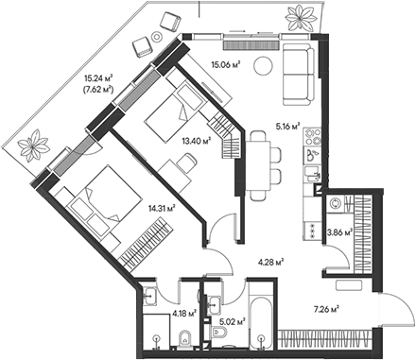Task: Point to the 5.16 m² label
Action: (286, 126)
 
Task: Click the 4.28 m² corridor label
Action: (270, 264)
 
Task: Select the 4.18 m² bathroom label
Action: (183, 312)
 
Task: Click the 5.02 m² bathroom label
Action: (233, 321)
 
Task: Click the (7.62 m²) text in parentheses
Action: (98, 90)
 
